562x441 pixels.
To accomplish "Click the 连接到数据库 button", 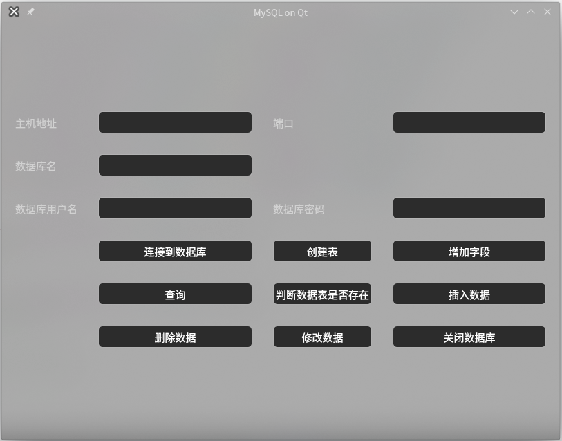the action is [175, 251].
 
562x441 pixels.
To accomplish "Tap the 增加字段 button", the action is [469, 251].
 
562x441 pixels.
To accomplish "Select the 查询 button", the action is [175, 294].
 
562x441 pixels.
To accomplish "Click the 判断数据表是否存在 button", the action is [322, 294].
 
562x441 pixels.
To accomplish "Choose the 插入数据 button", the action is [469, 294].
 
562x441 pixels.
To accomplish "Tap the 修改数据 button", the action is [322, 337].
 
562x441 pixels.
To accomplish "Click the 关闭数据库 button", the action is [469, 337].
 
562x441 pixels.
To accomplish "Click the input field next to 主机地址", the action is [175, 122].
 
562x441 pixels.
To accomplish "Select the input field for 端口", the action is [469, 122].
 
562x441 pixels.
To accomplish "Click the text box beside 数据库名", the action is [175, 165].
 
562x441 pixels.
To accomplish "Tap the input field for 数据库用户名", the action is [175, 208].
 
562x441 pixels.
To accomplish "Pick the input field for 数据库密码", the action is [469, 208].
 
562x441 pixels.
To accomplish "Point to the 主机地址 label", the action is [36, 124].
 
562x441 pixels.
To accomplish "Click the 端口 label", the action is [283, 124].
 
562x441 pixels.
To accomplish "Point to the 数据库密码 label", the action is [299, 209].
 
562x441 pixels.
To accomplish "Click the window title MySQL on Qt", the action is [281, 12].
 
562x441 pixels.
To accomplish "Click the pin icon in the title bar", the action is [30, 12].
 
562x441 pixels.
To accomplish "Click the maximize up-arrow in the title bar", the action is [531, 12].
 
